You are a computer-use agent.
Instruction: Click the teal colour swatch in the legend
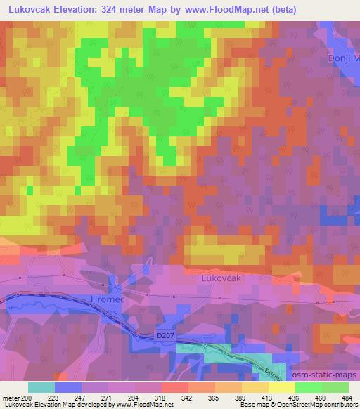pos(41,387)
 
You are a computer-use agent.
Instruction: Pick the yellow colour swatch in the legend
pos(281,387)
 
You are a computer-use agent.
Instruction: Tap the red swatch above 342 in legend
pos(174,387)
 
